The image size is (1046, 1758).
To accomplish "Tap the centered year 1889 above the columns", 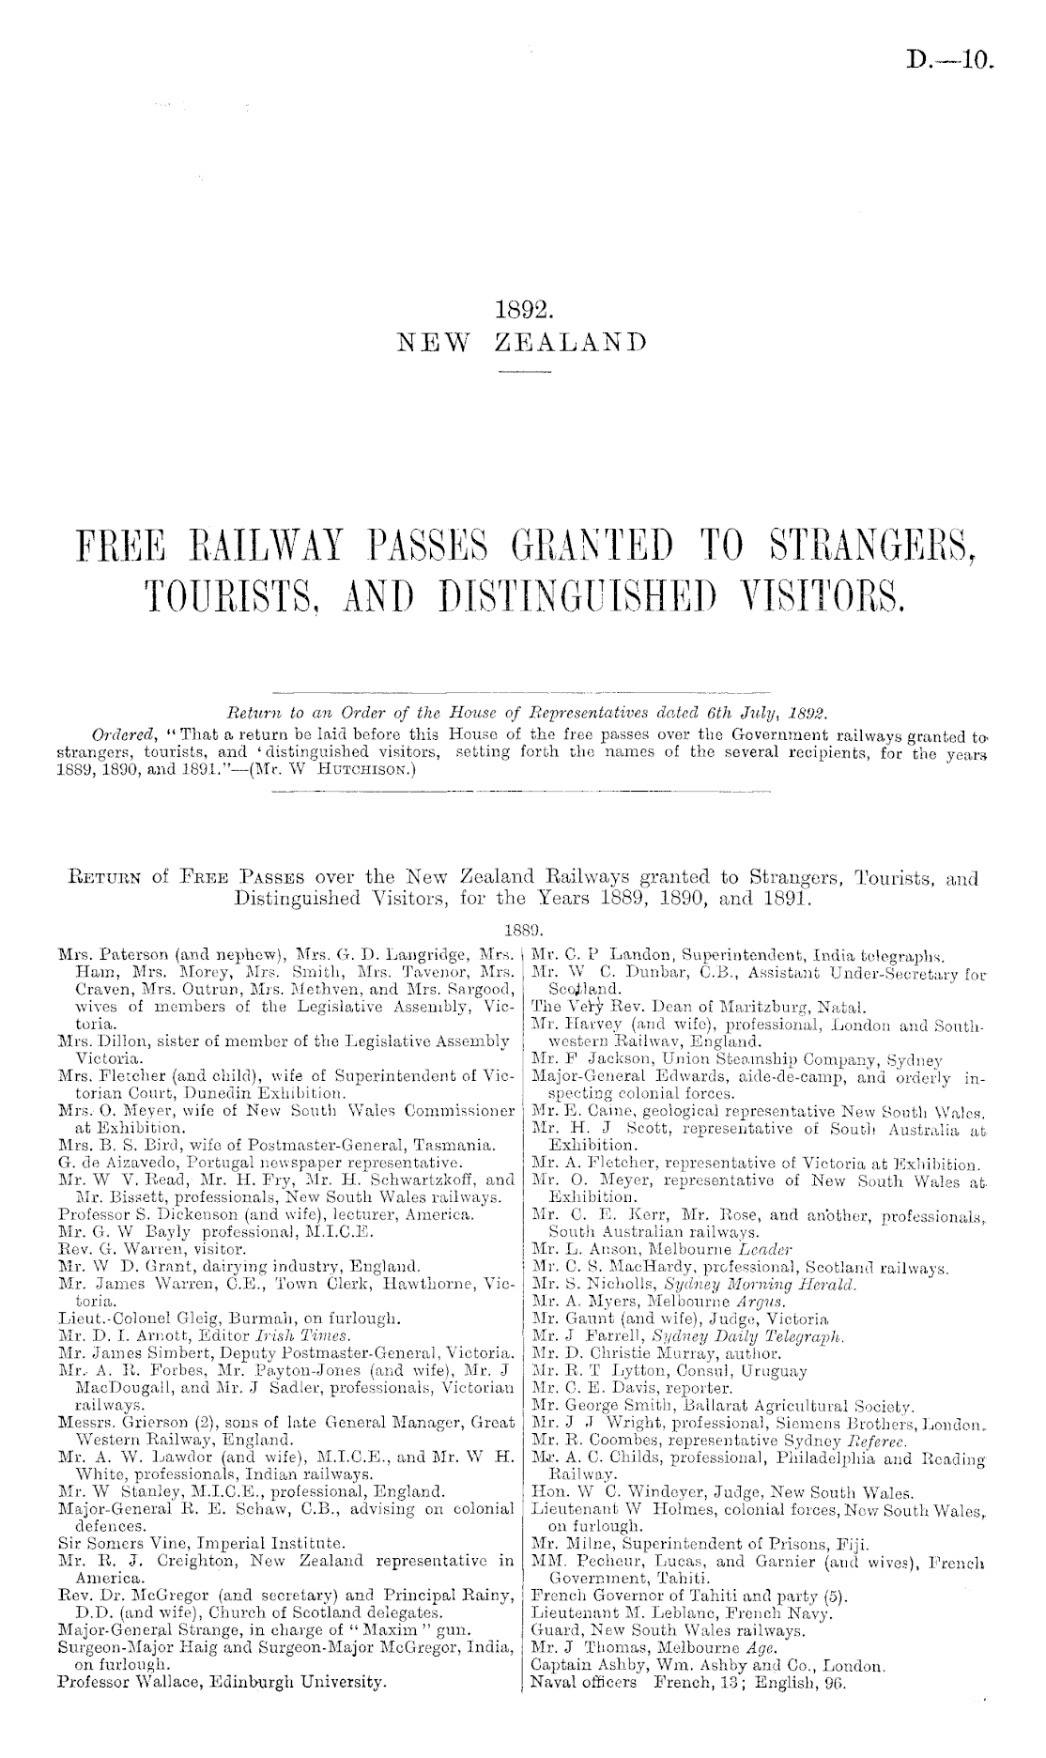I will click(522, 933).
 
